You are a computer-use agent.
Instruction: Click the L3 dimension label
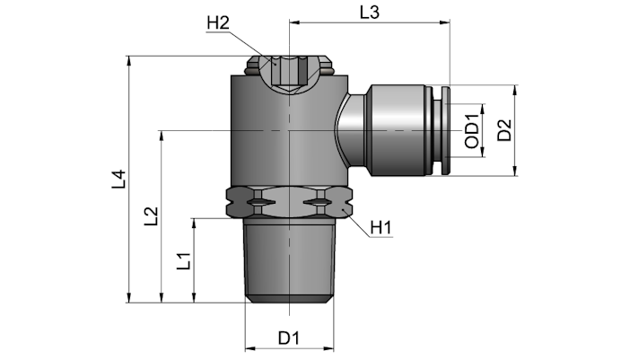click(369, 13)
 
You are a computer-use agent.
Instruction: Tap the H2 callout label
click(218, 23)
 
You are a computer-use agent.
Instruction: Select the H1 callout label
click(381, 228)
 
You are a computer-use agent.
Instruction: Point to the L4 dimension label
click(119, 180)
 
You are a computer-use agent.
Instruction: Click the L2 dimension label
click(152, 216)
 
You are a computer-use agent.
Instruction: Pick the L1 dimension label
click(184, 261)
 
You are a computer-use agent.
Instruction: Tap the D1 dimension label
click(289, 338)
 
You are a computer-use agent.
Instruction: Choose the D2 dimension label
click(504, 130)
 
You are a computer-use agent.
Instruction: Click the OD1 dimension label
click(472, 131)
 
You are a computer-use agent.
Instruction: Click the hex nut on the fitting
click(289, 202)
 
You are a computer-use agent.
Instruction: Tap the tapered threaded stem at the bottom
click(289, 260)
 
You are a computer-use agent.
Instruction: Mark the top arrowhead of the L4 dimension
click(129, 61)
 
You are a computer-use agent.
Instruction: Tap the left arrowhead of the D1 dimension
click(249, 348)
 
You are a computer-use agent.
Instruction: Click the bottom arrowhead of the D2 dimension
click(515, 171)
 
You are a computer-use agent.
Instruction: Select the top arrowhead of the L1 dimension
click(194, 223)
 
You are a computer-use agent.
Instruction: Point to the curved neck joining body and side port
click(350, 130)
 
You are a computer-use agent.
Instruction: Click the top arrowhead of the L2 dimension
click(162, 136)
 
